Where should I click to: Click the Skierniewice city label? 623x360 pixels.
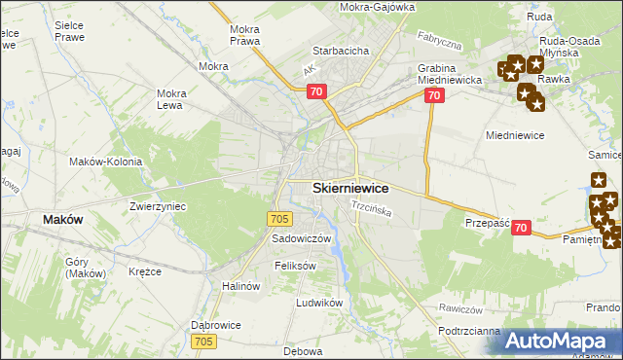pyautogui.click(x=350, y=188)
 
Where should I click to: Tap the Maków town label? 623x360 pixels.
pyautogui.click(x=62, y=220)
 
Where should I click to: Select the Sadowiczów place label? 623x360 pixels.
pyautogui.click(x=302, y=238)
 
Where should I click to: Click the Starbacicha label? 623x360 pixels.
pyautogui.click(x=339, y=50)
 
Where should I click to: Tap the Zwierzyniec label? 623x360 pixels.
pyautogui.click(x=158, y=206)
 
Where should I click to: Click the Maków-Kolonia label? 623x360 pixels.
pyautogui.click(x=106, y=162)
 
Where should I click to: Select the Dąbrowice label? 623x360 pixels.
pyautogui.click(x=215, y=326)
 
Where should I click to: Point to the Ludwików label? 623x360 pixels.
pyautogui.click(x=320, y=303)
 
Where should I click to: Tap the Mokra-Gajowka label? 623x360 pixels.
pyautogui.click(x=378, y=7)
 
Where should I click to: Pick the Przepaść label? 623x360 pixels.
pyautogui.click(x=488, y=223)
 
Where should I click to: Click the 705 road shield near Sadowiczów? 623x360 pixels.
pyautogui.click(x=280, y=220)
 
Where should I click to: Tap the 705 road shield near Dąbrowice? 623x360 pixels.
pyautogui.click(x=203, y=342)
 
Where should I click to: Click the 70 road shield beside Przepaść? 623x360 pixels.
pyautogui.click(x=521, y=228)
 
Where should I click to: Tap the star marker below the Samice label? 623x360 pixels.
pyautogui.click(x=598, y=180)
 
